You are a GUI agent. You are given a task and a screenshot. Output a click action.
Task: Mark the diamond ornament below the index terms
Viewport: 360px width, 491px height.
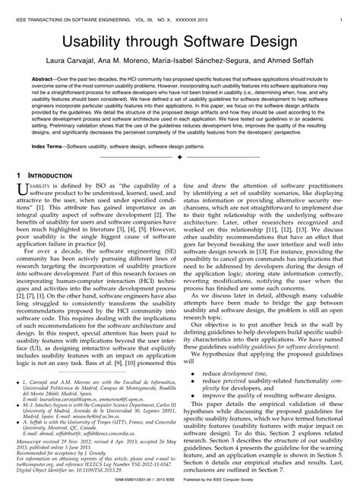coord(180,156)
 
